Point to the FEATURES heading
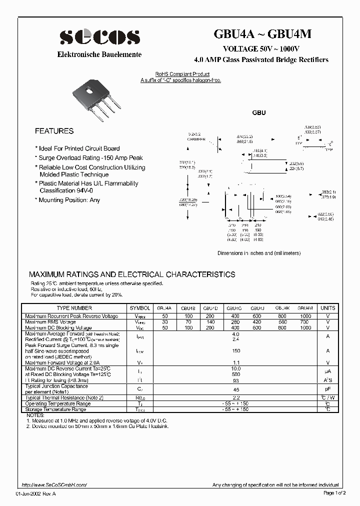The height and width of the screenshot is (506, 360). [x=54, y=131]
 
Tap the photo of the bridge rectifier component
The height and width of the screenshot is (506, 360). [x=98, y=99]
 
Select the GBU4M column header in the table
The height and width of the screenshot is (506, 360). [x=305, y=308]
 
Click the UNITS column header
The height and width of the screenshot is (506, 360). [x=328, y=308]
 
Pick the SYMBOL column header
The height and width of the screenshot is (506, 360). [x=139, y=308]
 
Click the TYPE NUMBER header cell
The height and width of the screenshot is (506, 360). [x=74, y=308]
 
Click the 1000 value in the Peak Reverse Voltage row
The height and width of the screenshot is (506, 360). [x=305, y=316]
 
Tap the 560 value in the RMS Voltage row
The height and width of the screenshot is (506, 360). [x=282, y=322]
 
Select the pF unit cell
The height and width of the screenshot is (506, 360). [x=328, y=388]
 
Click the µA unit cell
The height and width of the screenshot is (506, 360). [x=328, y=372]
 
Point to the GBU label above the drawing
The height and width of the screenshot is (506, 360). [x=259, y=113]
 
